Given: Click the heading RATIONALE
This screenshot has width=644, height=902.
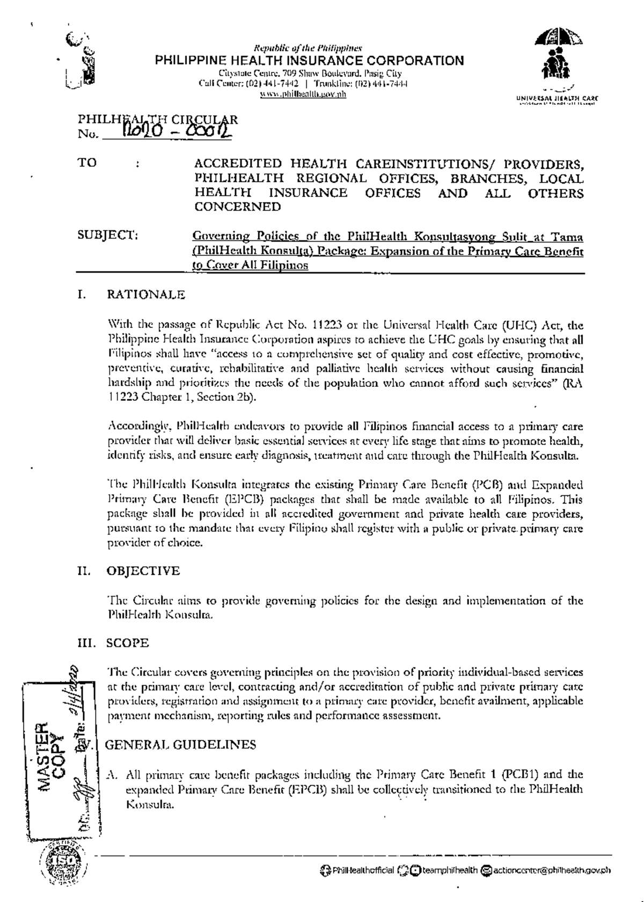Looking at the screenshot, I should click(146, 295).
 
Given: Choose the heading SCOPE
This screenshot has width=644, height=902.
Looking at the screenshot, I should click(128, 643).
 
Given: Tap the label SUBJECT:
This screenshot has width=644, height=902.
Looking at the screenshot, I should click(108, 235).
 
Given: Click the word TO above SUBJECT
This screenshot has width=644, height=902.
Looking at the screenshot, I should click(87, 163).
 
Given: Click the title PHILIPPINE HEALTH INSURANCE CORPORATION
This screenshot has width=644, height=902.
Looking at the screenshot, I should click(310, 61).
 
